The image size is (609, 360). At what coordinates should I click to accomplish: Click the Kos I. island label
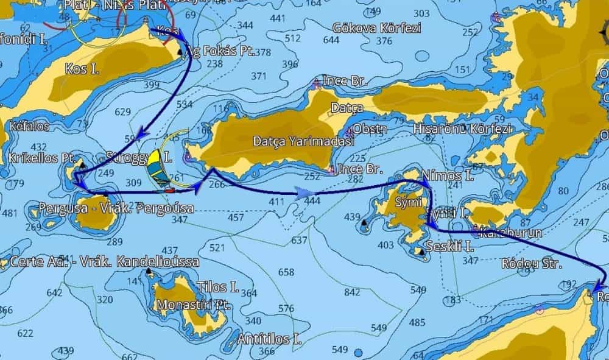[x=82, y=69]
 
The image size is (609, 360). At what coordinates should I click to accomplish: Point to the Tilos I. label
[x=217, y=287]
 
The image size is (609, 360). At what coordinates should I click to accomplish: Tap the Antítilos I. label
[x=270, y=339]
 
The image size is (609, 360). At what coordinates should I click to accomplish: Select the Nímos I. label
[x=448, y=177]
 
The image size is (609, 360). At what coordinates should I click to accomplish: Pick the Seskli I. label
[x=450, y=246]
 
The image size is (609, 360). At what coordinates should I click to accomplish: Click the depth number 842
[x=352, y=292]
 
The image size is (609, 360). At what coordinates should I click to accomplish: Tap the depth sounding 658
[x=286, y=272]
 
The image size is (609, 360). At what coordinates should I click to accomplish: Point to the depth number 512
[x=293, y=39]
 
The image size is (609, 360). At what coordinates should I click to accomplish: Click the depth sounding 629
[x=123, y=112]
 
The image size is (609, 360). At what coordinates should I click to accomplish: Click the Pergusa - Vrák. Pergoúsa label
[x=116, y=208]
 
